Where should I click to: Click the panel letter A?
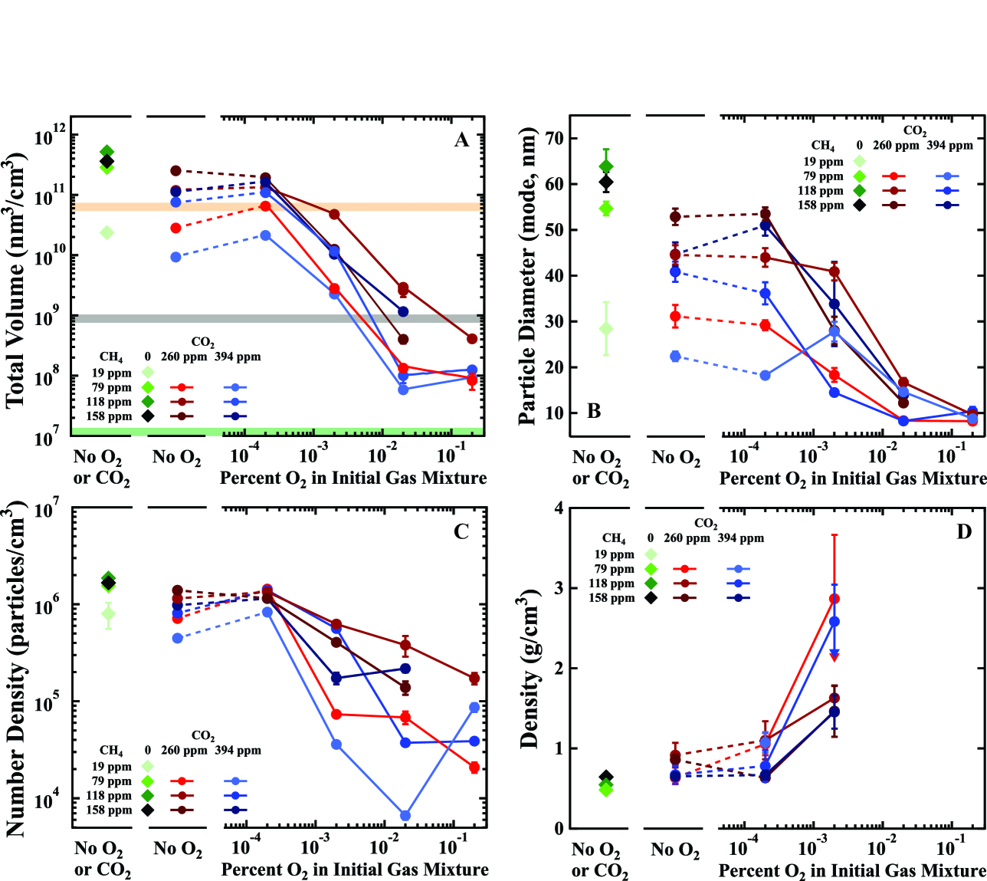[461, 140]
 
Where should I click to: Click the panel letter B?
[594, 411]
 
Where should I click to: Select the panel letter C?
[461, 531]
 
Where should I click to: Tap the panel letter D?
[964, 531]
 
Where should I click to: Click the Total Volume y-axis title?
[16, 280]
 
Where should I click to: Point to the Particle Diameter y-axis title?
[527, 277]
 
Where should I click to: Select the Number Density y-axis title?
[16, 669]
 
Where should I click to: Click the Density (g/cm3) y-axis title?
[529, 669]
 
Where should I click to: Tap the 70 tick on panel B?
[553, 138]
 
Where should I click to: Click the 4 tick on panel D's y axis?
[559, 508]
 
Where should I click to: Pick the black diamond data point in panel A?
[107, 161]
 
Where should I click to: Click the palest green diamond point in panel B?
[606, 328]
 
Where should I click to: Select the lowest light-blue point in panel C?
[405, 815]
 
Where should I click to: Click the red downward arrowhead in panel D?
[835, 656]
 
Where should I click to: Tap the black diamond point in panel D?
[605, 777]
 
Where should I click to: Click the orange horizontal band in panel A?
[276, 207]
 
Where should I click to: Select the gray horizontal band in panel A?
[276, 318]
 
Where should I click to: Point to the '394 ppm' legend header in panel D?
[740, 538]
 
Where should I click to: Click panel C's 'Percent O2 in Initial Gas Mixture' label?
[355, 869]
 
